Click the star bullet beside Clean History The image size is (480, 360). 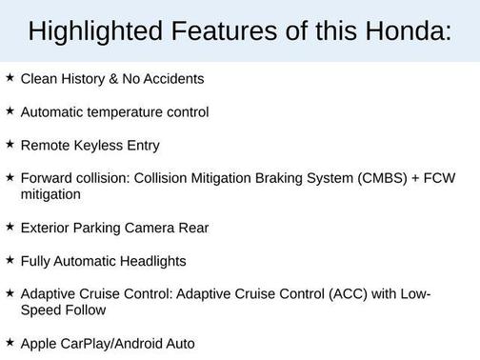coord(10,78)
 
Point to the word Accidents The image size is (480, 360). coord(173,79)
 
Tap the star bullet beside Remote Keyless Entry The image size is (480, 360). coord(10,145)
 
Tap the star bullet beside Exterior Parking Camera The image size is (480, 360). coord(10,227)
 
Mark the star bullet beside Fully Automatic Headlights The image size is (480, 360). coord(10,260)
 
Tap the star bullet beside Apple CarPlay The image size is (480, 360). coord(10,341)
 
